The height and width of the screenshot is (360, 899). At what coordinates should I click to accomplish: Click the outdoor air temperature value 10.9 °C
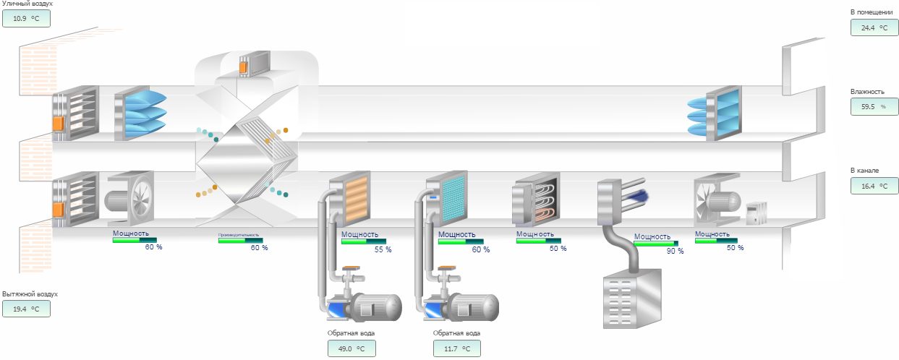click(26, 17)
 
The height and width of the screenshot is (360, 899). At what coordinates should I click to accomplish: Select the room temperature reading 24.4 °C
click(874, 27)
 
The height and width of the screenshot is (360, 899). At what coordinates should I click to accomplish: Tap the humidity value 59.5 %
click(874, 107)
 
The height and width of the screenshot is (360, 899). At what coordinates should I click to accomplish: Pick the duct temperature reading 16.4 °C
click(874, 186)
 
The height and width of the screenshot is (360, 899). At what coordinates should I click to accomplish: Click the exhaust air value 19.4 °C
click(26, 309)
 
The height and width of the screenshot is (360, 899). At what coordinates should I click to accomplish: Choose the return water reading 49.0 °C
click(351, 348)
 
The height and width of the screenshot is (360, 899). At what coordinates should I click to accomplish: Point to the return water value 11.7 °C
click(457, 348)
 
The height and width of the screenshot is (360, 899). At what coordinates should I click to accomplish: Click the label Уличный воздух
click(27, 4)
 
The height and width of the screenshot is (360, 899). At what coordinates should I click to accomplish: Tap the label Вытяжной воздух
click(30, 294)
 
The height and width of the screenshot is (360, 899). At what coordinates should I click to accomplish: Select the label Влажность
click(868, 92)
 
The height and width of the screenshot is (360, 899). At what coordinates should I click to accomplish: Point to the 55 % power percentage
click(383, 249)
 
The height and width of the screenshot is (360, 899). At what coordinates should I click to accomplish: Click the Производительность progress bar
click(240, 241)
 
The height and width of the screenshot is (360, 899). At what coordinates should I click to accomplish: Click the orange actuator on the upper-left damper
click(57, 124)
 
